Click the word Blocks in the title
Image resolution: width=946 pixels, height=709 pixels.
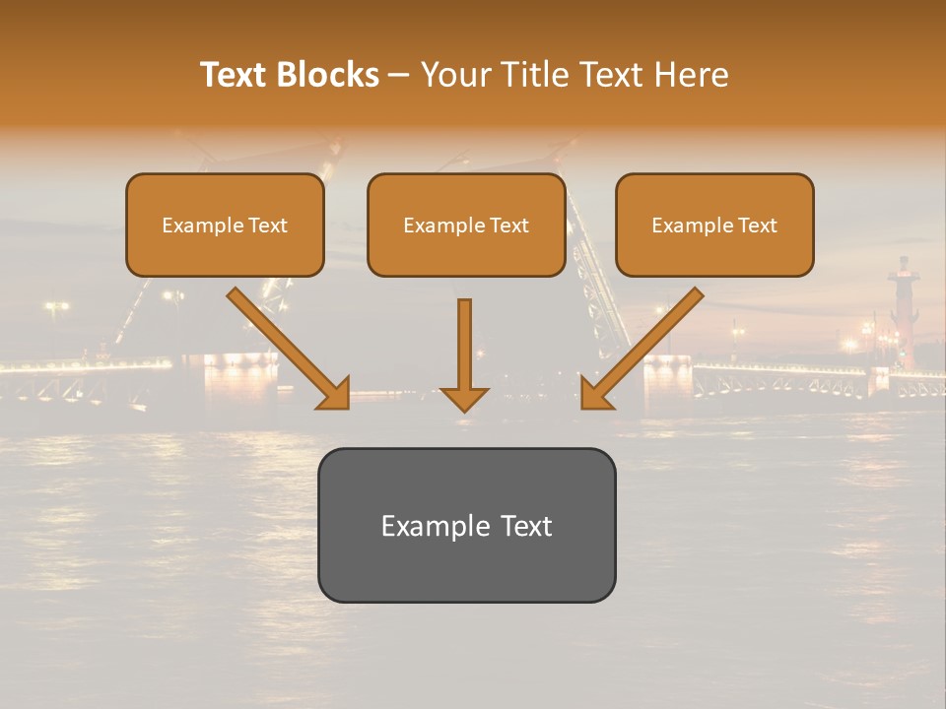coord(327,75)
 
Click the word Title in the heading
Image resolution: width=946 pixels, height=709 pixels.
coord(533,75)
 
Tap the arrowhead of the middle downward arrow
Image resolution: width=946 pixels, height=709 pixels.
coord(464,399)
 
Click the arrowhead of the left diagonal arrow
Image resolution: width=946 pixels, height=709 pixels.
coord(335,394)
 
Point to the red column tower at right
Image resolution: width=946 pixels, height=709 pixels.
coord(901,315)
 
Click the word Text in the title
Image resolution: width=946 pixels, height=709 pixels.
coord(235,75)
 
